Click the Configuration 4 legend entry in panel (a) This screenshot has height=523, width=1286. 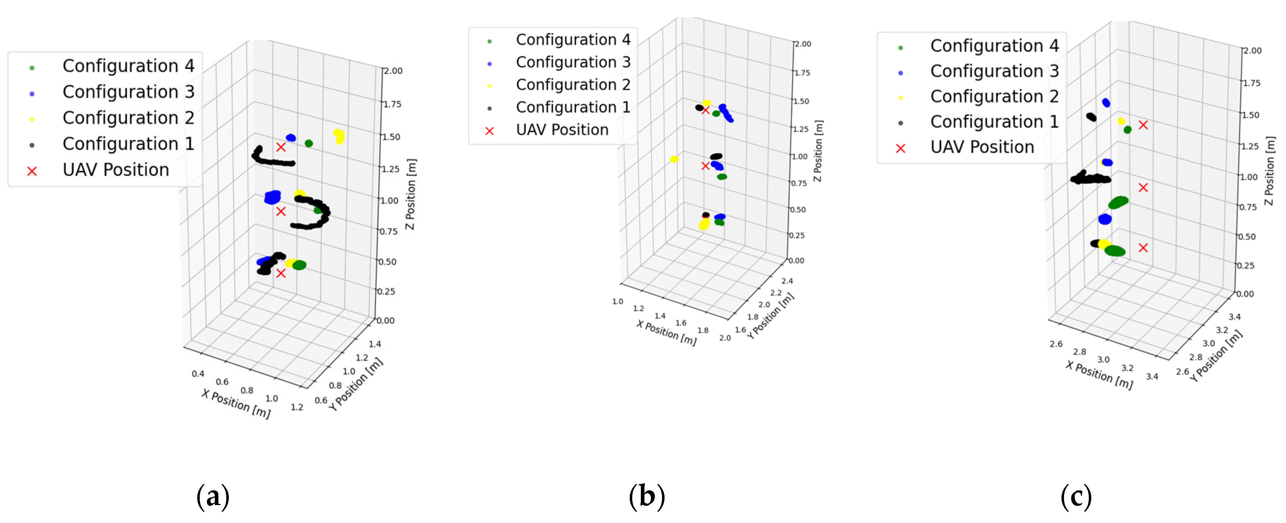point(128,66)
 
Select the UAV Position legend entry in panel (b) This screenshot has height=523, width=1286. point(562,130)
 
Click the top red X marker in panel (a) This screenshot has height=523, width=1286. point(281,147)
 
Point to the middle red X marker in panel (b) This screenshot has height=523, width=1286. point(705,166)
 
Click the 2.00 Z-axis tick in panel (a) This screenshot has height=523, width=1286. point(393,71)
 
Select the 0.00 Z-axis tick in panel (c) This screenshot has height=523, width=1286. point(1244,294)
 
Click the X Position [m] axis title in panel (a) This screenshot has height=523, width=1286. point(236,404)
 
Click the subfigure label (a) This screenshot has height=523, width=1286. point(213,496)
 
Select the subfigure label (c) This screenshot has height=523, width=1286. point(1076,496)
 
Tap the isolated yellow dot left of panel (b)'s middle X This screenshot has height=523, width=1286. point(674,159)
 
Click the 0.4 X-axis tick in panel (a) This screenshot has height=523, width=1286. point(198,374)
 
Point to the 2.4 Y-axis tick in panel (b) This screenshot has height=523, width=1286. point(787,281)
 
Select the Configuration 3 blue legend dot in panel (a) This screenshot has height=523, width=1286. point(32,93)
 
